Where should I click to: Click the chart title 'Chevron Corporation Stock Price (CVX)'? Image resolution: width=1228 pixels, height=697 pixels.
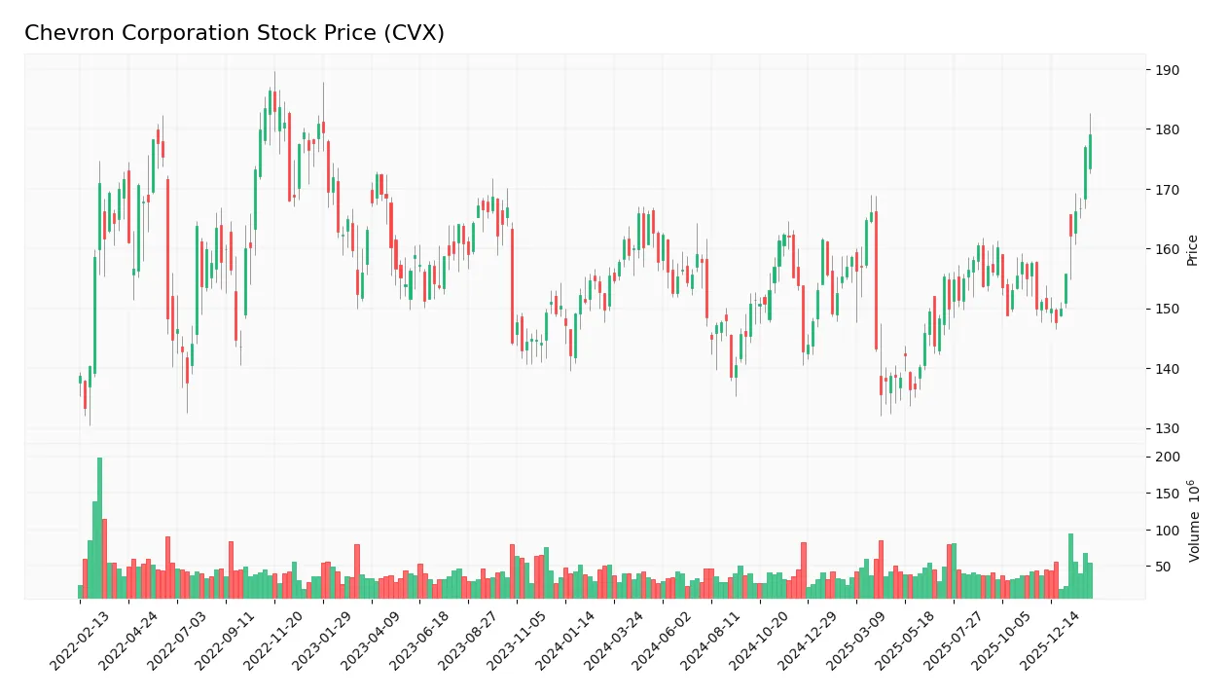[x=235, y=33]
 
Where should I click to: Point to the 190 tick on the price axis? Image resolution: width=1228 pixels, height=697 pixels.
[x=1168, y=70]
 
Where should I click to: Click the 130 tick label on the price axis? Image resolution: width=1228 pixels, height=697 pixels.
[x=1168, y=428]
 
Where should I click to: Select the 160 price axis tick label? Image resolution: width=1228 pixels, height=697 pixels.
[x=1168, y=249]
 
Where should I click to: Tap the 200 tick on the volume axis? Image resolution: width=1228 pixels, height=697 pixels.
[x=1168, y=458]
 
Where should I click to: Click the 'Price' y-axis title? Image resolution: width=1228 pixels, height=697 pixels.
[x=1192, y=250]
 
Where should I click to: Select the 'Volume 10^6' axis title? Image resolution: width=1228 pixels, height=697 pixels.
[x=1194, y=520]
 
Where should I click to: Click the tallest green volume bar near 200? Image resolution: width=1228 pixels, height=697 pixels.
[x=99, y=527]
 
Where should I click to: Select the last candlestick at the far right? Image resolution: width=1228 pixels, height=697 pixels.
[x=1090, y=152]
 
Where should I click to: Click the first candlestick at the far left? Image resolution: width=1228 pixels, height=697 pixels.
[x=80, y=379]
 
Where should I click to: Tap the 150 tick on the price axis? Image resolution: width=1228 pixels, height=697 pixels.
[x=1168, y=309]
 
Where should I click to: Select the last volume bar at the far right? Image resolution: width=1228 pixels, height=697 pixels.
[x=1090, y=580]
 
